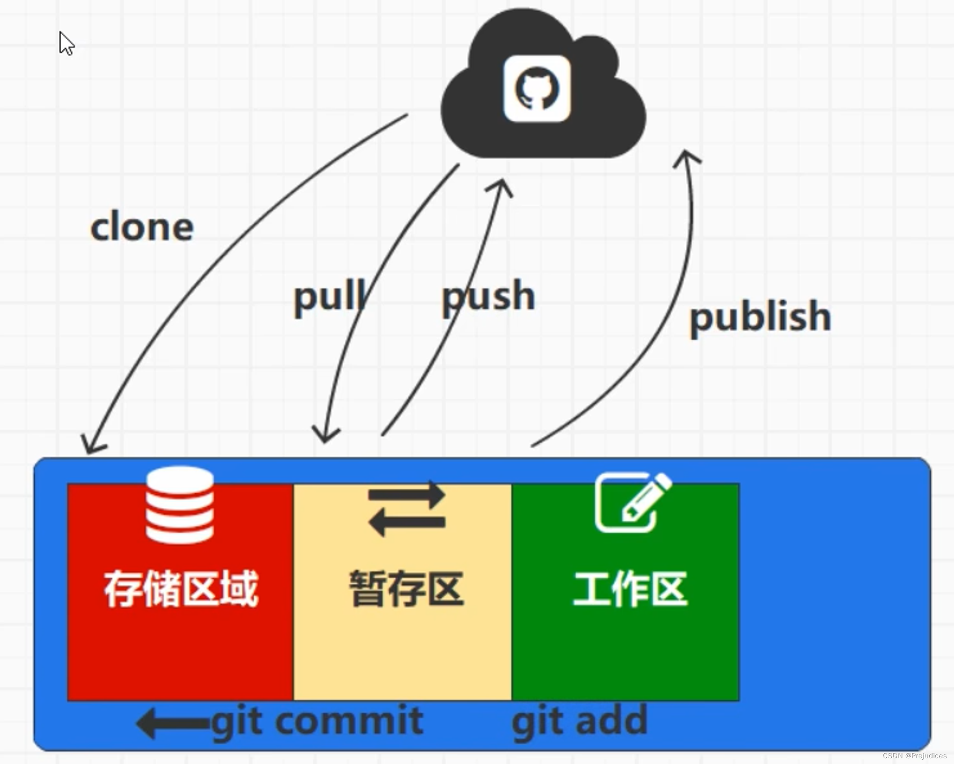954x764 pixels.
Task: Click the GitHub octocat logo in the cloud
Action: tap(537, 89)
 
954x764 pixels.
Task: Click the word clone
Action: tap(142, 227)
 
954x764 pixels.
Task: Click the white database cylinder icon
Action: tap(180, 505)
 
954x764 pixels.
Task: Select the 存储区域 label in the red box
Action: tap(181, 589)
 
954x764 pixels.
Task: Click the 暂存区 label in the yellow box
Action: tap(406, 589)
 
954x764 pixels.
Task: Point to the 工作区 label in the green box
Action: tap(630, 589)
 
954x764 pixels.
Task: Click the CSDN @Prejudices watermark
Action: tap(914, 756)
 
